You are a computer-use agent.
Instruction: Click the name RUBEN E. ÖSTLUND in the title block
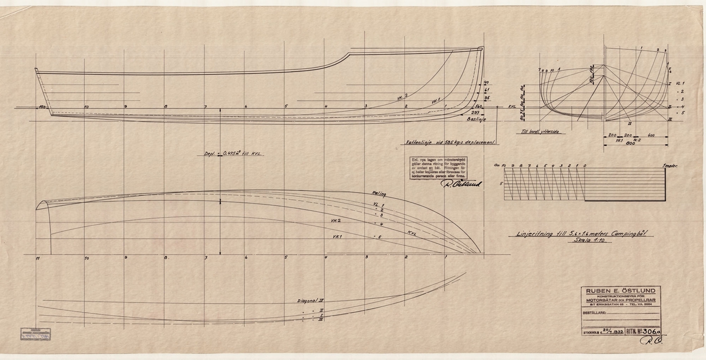[620, 289]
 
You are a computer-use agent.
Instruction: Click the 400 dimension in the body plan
[650, 135]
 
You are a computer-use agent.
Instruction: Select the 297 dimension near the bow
[475, 111]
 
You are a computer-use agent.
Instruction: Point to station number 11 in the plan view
[37, 258]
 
